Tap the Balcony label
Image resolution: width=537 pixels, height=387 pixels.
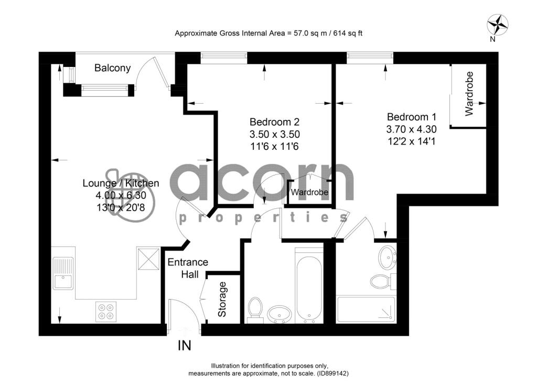tap(112, 68)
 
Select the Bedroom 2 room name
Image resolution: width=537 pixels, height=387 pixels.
tap(275, 121)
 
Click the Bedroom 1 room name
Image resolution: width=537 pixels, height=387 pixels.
tap(411, 117)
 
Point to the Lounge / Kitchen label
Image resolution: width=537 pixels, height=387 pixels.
tap(121, 183)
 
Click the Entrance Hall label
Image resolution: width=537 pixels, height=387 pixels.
tap(188, 268)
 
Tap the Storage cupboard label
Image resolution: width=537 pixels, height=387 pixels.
tap(222, 299)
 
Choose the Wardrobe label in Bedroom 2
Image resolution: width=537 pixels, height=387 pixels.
tap(309, 193)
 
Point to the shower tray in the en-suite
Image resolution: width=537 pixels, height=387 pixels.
tap(366, 309)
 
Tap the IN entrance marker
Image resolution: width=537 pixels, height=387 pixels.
tap(184, 346)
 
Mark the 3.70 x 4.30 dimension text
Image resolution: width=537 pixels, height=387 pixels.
tap(411, 129)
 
